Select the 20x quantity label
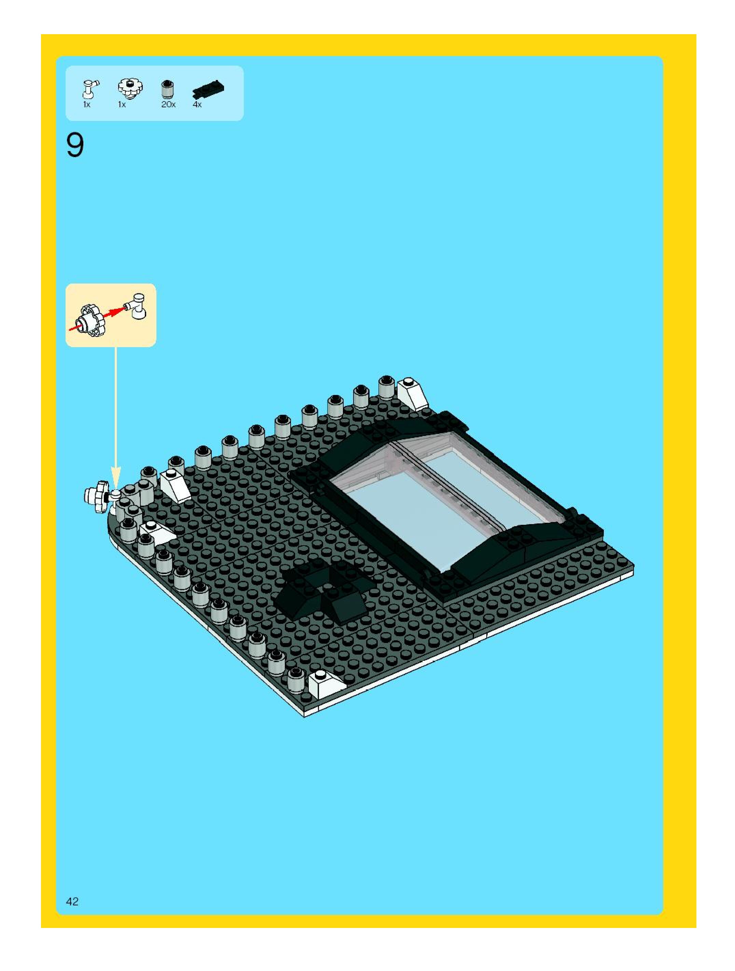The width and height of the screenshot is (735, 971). pos(168,105)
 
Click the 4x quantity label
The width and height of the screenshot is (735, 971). pos(197,105)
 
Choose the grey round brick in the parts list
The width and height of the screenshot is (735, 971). pos(167,90)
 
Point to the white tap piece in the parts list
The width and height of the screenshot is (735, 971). pos(90,88)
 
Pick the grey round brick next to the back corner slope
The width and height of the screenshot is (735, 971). pos(386,387)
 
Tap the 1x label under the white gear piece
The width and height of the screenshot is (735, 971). pos(122,105)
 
